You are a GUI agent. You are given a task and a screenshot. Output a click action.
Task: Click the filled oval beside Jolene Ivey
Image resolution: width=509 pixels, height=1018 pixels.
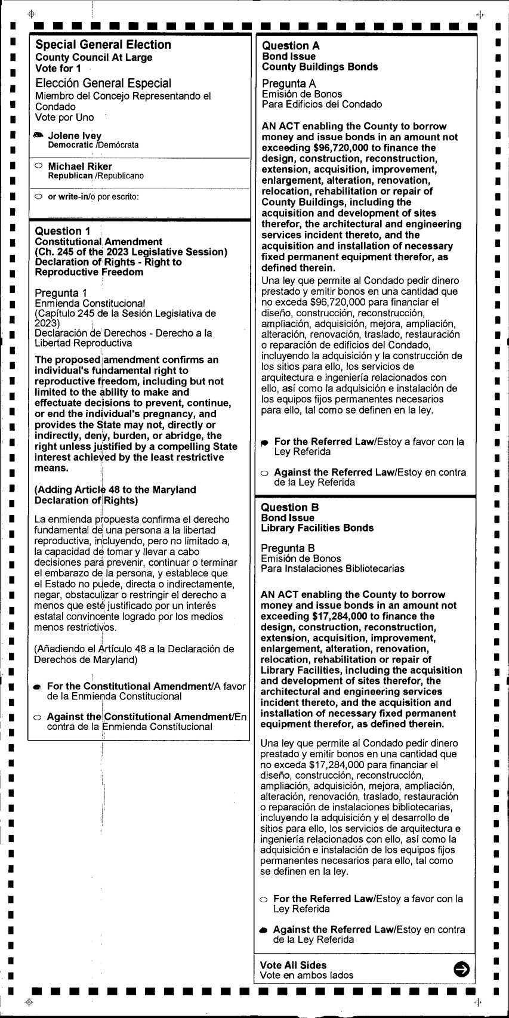[x=39, y=135]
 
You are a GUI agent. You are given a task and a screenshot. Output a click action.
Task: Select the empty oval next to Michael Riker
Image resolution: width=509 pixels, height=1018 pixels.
[x=39, y=166]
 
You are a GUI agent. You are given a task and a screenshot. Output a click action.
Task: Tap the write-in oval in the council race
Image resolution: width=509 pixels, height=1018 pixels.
[x=39, y=196]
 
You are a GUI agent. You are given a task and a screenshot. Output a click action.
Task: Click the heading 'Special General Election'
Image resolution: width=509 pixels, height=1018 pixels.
[x=103, y=45]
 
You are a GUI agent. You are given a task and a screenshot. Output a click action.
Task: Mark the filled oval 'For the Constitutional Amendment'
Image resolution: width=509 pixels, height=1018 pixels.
[x=38, y=687]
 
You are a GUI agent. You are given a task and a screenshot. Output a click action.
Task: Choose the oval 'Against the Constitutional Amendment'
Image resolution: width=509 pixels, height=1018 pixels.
[x=38, y=717]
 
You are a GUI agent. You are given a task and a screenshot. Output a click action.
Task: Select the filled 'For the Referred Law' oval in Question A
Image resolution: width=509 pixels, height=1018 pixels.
[x=265, y=443]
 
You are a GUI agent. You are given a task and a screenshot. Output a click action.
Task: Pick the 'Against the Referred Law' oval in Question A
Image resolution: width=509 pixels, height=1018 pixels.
[x=265, y=473]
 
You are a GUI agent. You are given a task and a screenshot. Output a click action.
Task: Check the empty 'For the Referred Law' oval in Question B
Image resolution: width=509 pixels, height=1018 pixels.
[x=264, y=899]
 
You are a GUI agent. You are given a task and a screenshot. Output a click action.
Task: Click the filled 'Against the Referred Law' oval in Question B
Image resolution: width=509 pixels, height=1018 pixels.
[x=264, y=930]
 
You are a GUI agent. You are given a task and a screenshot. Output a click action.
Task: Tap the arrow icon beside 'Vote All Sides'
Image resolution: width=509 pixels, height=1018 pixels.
[x=461, y=969]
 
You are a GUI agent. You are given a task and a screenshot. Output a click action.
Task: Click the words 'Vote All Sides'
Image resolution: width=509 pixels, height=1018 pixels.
[x=293, y=965]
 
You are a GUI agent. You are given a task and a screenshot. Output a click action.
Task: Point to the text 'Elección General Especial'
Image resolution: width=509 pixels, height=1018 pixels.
[x=103, y=84]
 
